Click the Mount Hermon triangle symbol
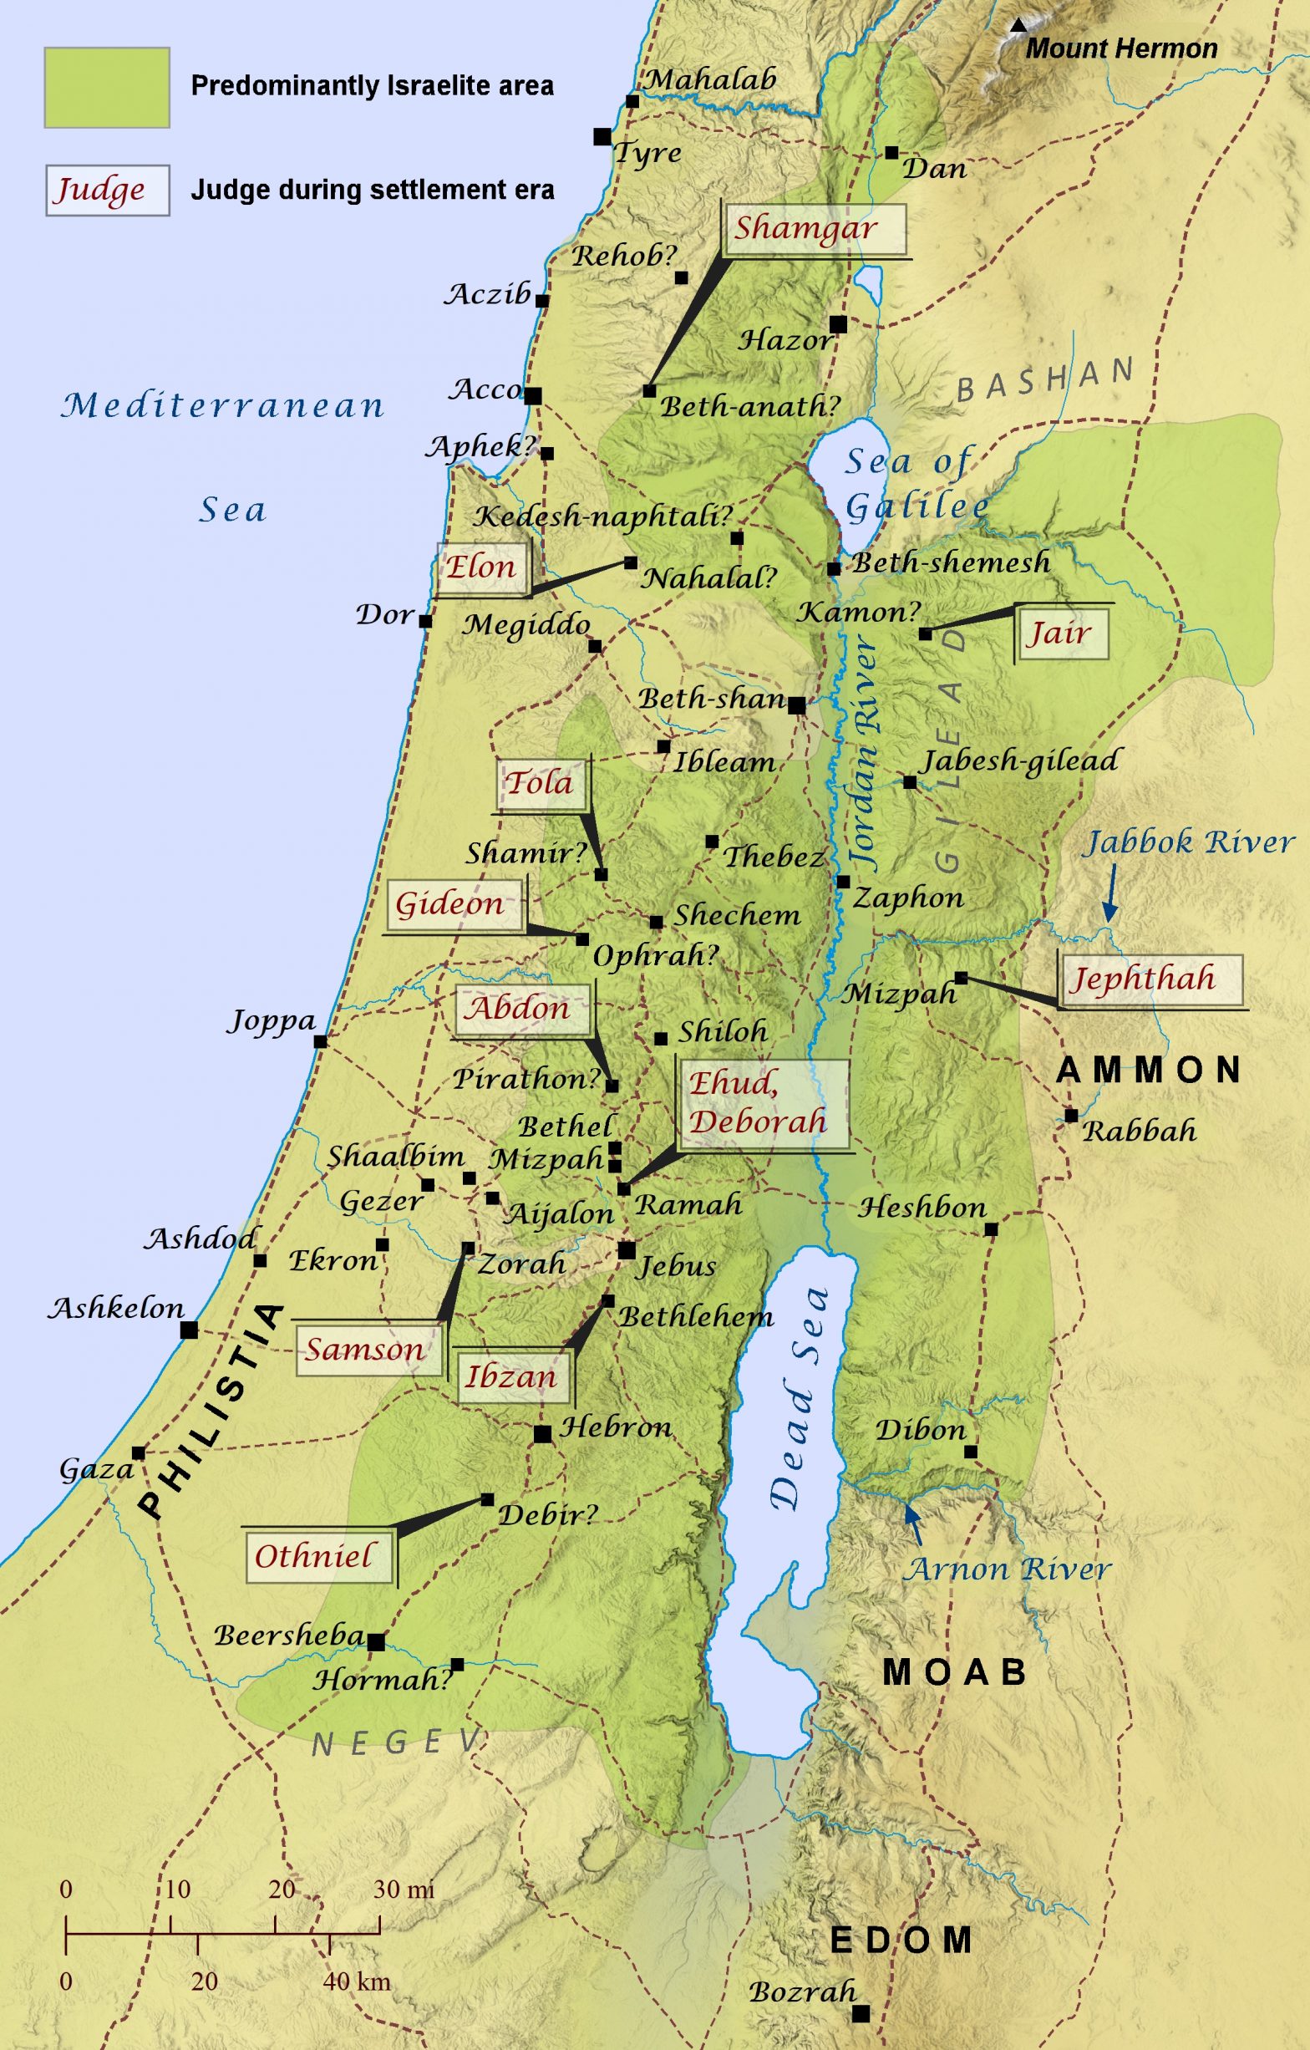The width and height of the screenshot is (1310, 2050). pyautogui.click(x=1018, y=26)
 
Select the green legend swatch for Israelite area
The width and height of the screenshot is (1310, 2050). pyautogui.click(x=107, y=88)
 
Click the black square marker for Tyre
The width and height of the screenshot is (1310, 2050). pyautogui.click(x=602, y=136)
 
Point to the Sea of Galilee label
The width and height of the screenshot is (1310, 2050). pyautogui.click(x=915, y=484)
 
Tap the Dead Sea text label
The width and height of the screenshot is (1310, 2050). pyautogui.click(x=798, y=1396)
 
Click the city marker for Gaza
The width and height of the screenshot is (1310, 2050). pyautogui.click(x=139, y=1452)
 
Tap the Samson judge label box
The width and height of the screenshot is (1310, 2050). pyautogui.click(x=368, y=1350)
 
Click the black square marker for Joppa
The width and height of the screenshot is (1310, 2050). pyautogui.click(x=320, y=1041)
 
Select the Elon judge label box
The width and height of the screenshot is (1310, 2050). pyautogui.click(x=482, y=567)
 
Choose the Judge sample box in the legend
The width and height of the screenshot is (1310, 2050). pyautogui.click(x=107, y=190)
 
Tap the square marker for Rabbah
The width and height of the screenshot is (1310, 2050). pyautogui.click(x=1071, y=1115)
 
